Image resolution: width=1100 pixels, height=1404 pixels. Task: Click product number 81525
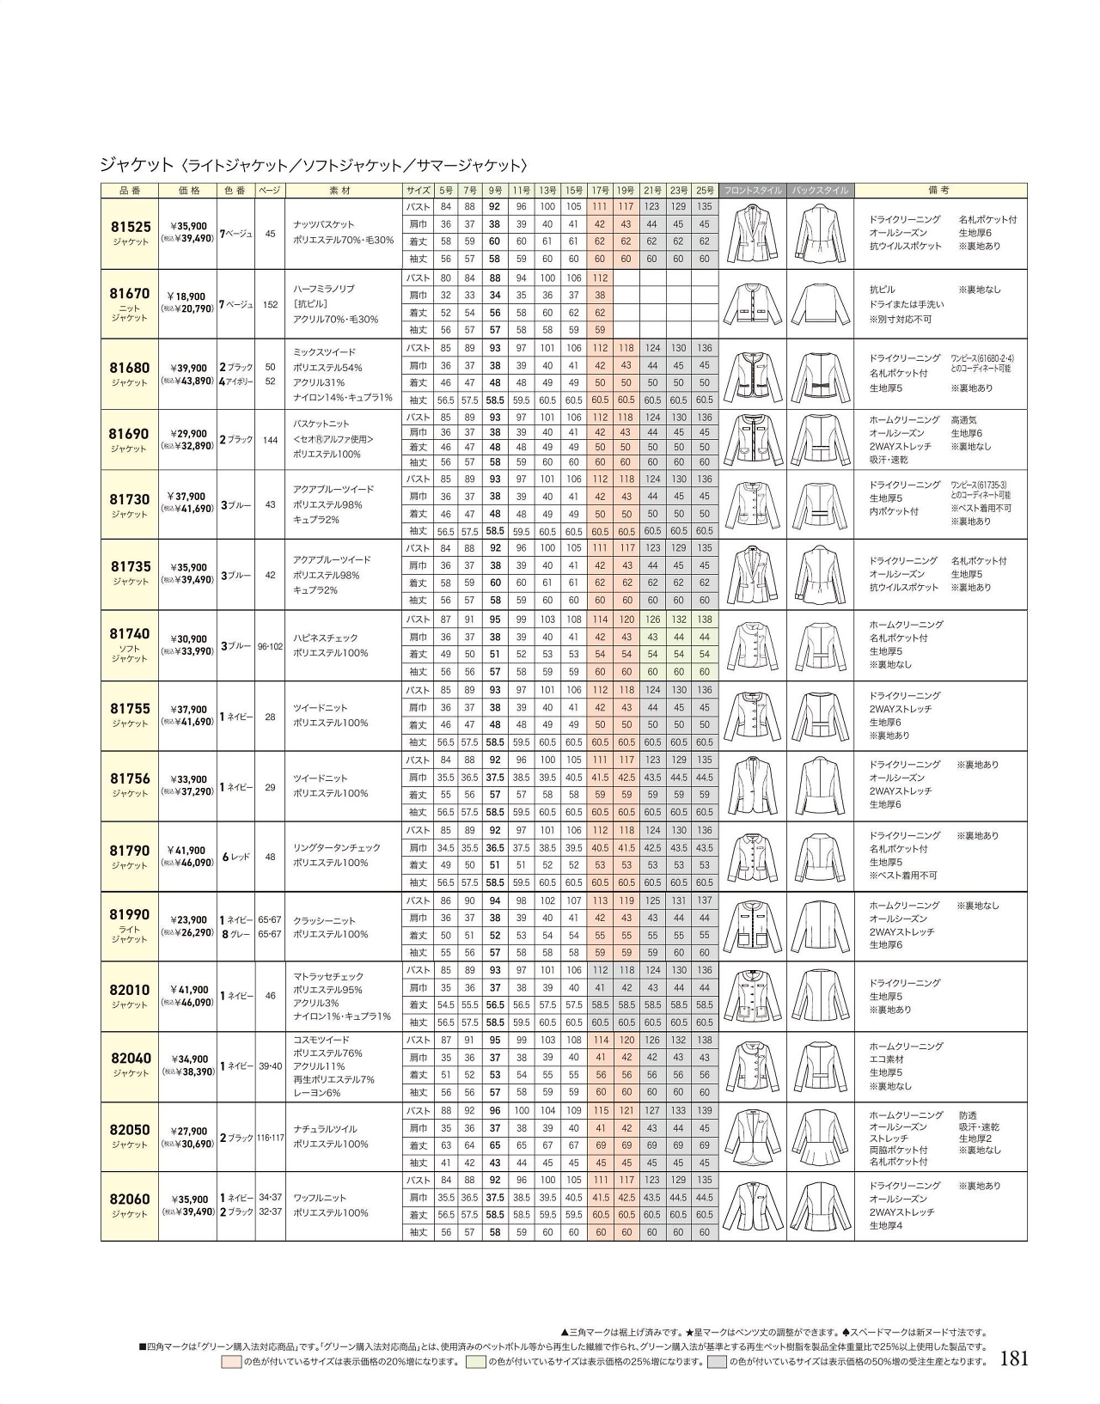coord(131,227)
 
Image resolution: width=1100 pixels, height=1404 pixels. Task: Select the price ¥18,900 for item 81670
coord(186,296)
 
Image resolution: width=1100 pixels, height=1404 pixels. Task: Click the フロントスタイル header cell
coord(753,190)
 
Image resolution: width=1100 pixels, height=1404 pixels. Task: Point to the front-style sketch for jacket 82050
coord(752,1137)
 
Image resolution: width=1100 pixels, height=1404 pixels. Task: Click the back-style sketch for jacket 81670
coord(820,304)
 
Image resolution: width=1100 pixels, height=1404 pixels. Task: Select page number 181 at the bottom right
coord(1014,1358)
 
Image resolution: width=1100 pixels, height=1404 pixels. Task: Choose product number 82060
coord(130,1199)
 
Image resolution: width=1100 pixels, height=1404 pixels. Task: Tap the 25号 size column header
coord(705,190)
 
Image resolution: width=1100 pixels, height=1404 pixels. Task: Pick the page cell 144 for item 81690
coord(270,440)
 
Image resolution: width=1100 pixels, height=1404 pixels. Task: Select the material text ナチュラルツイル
coord(325,1129)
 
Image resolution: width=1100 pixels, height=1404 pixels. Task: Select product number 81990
coord(130,914)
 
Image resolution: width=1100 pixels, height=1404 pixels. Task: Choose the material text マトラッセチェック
coord(328,976)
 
